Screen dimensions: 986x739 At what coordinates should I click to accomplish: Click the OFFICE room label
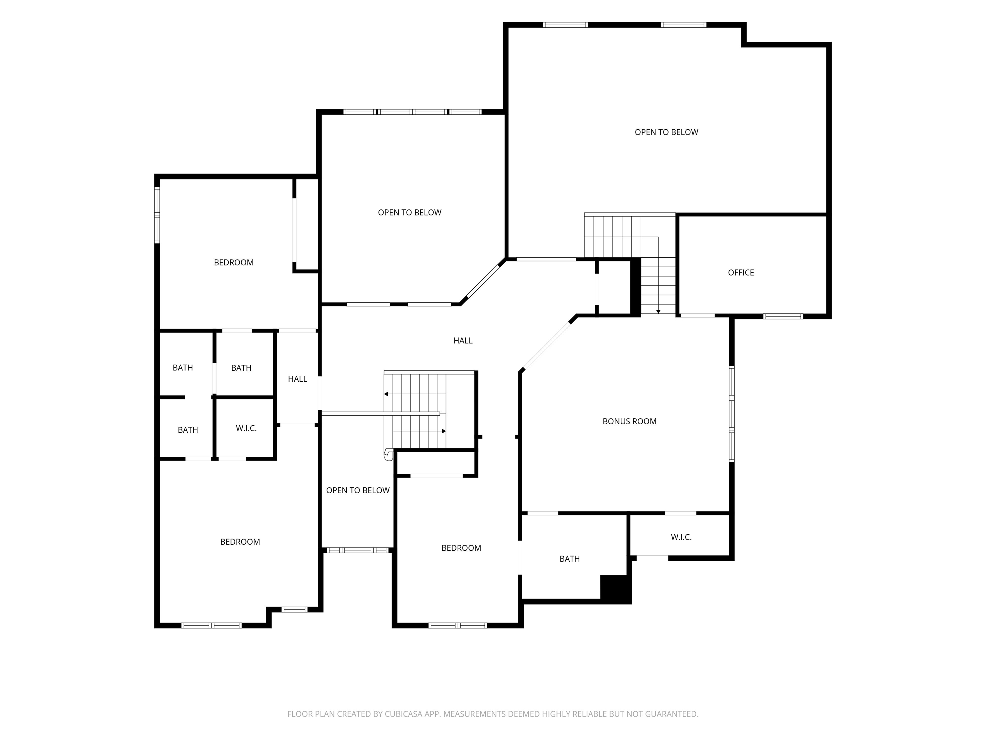(x=741, y=273)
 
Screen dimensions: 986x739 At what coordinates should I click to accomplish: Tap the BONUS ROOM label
(x=629, y=421)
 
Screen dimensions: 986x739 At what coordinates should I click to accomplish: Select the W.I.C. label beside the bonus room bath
(x=681, y=537)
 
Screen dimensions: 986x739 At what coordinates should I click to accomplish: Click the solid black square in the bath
(x=615, y=589)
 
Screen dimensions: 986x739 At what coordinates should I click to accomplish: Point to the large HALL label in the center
(x=463, y=340)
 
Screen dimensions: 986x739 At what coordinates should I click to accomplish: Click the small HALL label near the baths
(x=297, y=379)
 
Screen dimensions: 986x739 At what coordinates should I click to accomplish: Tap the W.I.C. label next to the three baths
(x=246, y=429)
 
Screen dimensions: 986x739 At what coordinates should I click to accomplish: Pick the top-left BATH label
(x=183, y=368)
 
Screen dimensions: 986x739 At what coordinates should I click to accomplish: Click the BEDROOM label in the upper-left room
(x=234, y=263)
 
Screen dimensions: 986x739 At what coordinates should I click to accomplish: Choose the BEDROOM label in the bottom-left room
(x=240, y=542)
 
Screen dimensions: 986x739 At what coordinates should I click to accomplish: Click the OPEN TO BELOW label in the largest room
(x=666, y=132)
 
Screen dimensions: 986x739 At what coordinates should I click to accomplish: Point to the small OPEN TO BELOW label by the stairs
(x=358, y=490)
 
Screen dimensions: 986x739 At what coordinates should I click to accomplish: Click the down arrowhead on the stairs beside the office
(x=658, y=311)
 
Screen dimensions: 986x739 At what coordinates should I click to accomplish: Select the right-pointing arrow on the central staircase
(x=419, y=431)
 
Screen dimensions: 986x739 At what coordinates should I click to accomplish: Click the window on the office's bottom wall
(x=783, y=316)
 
